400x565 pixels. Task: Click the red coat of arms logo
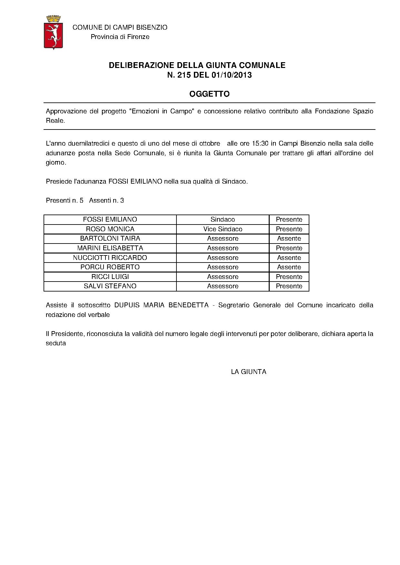click(53, 32)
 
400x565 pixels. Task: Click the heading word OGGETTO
click(209, 94)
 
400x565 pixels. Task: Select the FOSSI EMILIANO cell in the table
click(110, 219)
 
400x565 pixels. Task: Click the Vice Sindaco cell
click(223, 229)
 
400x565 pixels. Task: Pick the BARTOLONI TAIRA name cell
click(110, 238)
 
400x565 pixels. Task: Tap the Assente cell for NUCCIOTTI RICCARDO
click(289, 258)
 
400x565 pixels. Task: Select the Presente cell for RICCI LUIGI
click(289, 277)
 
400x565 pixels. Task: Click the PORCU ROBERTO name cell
click(110, 267)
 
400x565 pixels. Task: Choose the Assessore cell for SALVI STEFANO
click(223, 286)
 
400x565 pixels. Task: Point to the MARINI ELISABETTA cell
click(110, 248)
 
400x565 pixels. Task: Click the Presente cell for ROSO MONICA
click(289, 229)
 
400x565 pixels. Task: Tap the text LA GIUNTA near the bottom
click(249, 372)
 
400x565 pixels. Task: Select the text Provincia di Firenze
click(120, 37)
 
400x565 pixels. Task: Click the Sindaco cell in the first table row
click(223, 219)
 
